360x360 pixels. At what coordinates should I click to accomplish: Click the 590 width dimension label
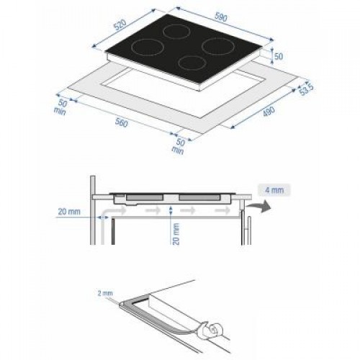[x=221, y=17]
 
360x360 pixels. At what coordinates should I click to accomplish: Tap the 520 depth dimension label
[x=120, y=25]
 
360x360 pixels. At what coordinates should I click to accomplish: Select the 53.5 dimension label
[x=306, y=89]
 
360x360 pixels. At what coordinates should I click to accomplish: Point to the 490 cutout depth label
[x=269, y=112]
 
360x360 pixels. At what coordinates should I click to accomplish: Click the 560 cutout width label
[x=122, y=122]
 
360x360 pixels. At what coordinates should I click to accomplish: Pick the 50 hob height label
[x=279, y=57]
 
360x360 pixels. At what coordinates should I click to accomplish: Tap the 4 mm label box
[x=274, y=190]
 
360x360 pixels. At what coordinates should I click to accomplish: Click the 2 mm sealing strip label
[x=105, y=293]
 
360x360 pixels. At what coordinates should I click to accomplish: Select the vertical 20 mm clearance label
[x=176, y=233]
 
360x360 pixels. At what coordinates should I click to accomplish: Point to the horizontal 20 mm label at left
[x=69, y=212]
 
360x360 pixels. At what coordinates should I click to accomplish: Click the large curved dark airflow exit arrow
[x=259, y=206]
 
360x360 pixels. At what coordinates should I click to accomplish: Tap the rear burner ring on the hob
[x=177, y=32]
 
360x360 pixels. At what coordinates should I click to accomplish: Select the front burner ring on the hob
[x=192, y=63]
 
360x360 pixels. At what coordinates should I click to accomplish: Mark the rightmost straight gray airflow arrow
[x=222, y=210]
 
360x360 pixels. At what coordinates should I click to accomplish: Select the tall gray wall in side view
[x=93, y=210]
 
